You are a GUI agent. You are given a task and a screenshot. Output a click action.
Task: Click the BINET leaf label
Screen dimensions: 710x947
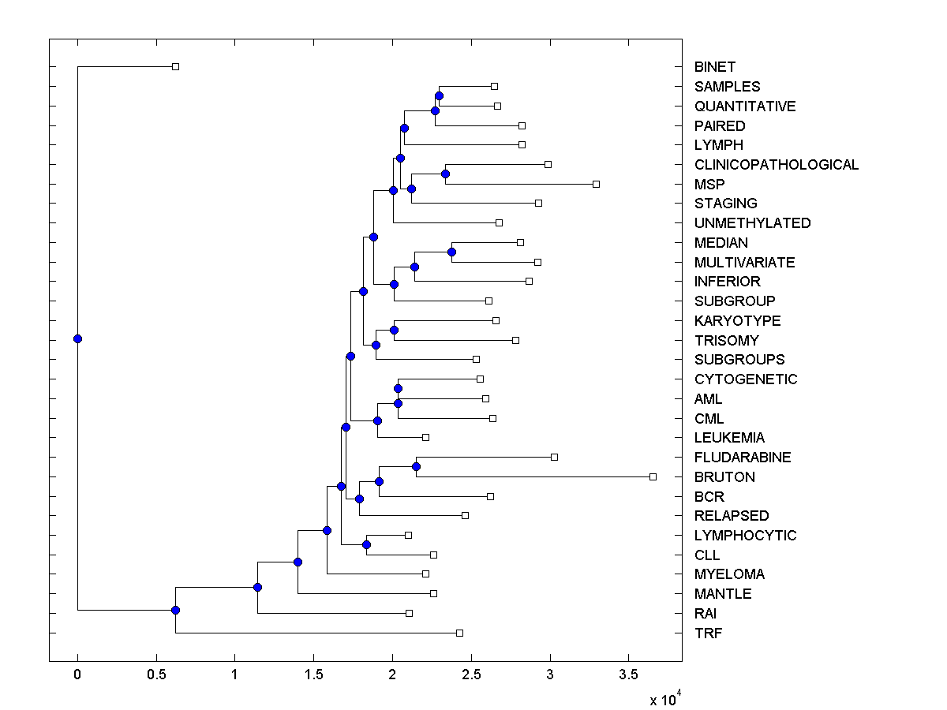click(715, 67)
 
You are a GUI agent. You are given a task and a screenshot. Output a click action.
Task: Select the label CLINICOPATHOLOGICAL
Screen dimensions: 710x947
click(777, 165)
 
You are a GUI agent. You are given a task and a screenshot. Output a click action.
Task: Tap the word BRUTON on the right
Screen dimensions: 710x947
click(724, 477)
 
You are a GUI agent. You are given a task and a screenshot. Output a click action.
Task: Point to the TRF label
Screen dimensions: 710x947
click(708, 633)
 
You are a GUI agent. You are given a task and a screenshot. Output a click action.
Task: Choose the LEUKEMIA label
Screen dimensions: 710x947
click(729, 438)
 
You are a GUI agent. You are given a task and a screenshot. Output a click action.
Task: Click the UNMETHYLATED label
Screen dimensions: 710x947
click(752, 223)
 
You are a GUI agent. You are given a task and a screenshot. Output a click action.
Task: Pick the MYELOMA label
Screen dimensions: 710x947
click(729, 574)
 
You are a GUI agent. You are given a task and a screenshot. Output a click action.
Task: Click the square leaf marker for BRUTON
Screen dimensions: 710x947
click(653, 476)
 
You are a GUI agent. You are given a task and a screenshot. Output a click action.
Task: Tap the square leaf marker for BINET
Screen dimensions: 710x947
click(175, 66)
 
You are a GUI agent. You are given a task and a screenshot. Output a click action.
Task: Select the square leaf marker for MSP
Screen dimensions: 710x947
click(596, 184)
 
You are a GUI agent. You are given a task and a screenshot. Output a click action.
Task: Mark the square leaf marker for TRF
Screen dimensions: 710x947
click(459, 633)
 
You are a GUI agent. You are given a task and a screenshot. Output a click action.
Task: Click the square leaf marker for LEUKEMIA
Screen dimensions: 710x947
click(425, 437)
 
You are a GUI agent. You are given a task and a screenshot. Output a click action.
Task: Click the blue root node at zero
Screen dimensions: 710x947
click(77, 338)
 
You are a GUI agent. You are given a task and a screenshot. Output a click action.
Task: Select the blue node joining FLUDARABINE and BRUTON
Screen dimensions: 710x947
click(416, 466)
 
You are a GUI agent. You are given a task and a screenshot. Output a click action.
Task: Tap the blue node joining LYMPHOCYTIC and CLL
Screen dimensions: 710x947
click(366, 544)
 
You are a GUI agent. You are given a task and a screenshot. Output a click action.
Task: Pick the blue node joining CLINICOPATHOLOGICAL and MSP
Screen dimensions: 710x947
click(445, 174)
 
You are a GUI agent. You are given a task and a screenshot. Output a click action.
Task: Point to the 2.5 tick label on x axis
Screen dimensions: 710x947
click(471, 674)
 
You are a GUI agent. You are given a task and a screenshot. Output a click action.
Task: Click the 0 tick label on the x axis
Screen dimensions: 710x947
click(77, 674)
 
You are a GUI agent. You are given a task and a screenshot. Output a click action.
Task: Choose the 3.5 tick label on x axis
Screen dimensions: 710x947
click(628, 674)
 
